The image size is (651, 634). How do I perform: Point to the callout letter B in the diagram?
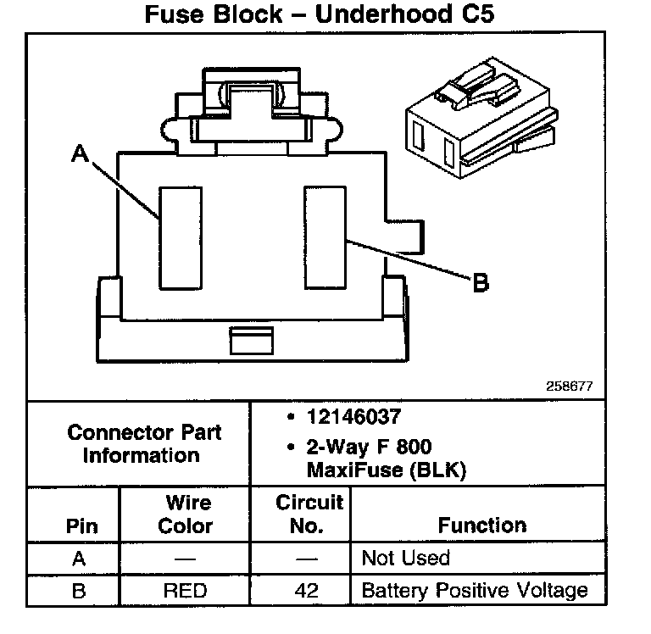point(481,283)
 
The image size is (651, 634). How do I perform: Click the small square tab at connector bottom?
point(246,341)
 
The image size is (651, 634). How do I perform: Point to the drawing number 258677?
point(569,386)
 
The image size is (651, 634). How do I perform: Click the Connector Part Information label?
point(144,443)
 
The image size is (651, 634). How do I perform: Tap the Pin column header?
point(81,526)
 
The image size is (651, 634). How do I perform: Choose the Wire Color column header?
point(186,514)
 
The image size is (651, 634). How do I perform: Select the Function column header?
point(482,526)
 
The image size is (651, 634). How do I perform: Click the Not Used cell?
point(405,558)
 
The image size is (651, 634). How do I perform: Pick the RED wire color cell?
point(186,590)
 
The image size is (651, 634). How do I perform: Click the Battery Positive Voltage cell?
point(474,590)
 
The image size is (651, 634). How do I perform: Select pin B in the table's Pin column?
point(79,590)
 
